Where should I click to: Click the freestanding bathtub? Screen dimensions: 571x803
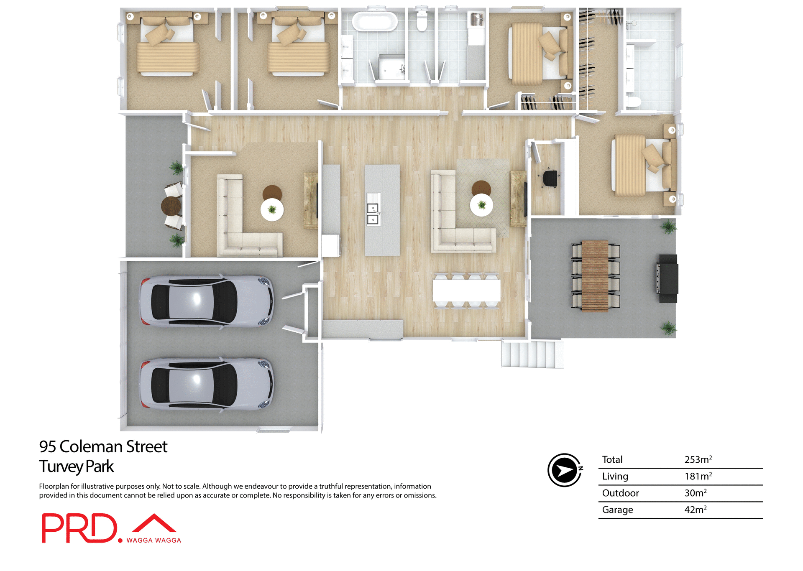374,21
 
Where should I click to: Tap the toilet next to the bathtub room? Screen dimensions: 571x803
422,21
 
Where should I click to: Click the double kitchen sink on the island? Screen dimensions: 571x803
373,214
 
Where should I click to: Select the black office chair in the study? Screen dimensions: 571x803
550,178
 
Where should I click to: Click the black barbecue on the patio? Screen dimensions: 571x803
667,278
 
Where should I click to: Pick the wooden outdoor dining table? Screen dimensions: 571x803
595,276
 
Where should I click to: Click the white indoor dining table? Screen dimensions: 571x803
466,290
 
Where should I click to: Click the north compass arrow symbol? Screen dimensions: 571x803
564,470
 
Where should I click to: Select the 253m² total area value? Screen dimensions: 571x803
698,459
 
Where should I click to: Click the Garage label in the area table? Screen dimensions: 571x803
617,510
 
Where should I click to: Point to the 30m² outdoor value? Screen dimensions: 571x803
695,493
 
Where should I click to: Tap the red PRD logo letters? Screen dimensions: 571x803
79,528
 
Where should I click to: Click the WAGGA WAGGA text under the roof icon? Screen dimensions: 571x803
153,540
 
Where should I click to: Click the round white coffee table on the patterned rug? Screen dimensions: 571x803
481,205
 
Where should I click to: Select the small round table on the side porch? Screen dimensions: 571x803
170,206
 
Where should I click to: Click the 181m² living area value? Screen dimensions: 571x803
698,476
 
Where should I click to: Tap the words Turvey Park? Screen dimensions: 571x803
77,466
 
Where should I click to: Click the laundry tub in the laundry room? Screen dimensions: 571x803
477,19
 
